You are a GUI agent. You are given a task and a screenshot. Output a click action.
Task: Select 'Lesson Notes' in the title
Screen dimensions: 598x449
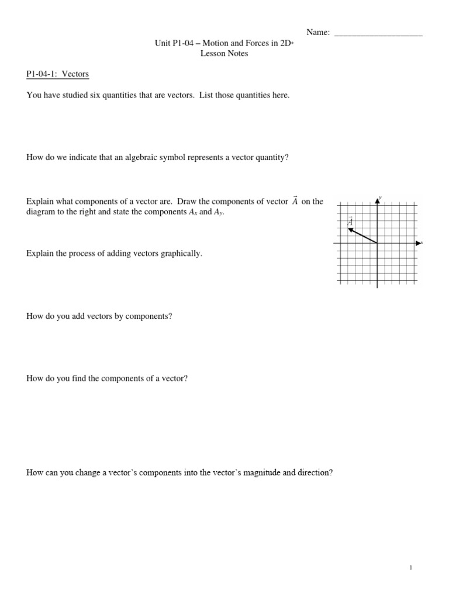tap(224, 53)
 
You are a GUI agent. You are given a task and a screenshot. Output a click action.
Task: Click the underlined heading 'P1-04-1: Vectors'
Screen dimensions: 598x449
tap(57, 74)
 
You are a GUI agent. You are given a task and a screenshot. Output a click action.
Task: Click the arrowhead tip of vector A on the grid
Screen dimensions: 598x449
tap(348, 229)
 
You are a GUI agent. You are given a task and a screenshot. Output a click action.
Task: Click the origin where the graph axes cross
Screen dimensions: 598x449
tap(377, 242)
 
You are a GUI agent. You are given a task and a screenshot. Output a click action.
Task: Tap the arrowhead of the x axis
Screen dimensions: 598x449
tap(419, 242)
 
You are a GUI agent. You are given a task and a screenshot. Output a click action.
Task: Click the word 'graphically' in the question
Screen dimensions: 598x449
tap(181, 253)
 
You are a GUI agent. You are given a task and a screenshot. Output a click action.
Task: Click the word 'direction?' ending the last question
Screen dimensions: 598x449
tap(315, 473)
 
